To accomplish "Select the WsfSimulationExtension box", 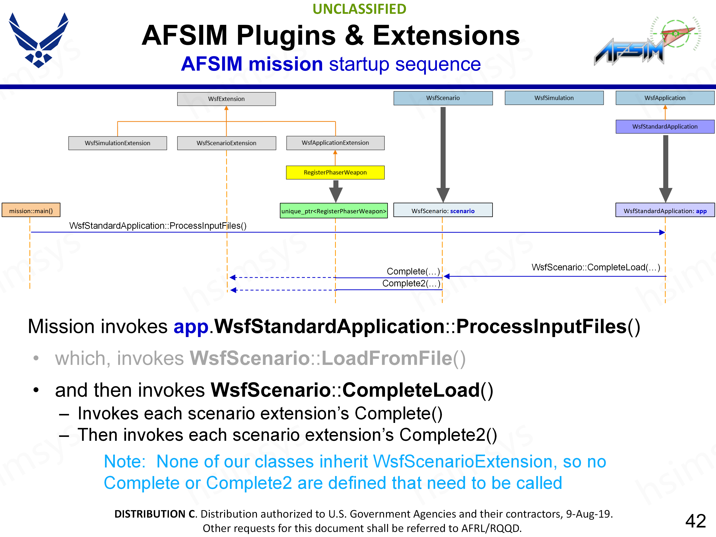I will point(117,143).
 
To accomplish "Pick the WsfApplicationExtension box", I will point(335,143).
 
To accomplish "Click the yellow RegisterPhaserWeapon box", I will point(335,172).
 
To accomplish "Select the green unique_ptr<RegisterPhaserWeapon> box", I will point(334,211).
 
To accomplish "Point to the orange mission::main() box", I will point(31,211).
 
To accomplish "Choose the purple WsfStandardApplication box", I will point(665,127).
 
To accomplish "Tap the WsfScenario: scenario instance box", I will point(443,211).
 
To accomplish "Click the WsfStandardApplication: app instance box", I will point(665,211).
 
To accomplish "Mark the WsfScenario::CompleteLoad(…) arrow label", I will point(596,267).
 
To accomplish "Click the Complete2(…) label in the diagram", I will point(411,284).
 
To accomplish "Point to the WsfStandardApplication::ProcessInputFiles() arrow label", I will point(158,226).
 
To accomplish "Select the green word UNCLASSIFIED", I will point(359,9).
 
